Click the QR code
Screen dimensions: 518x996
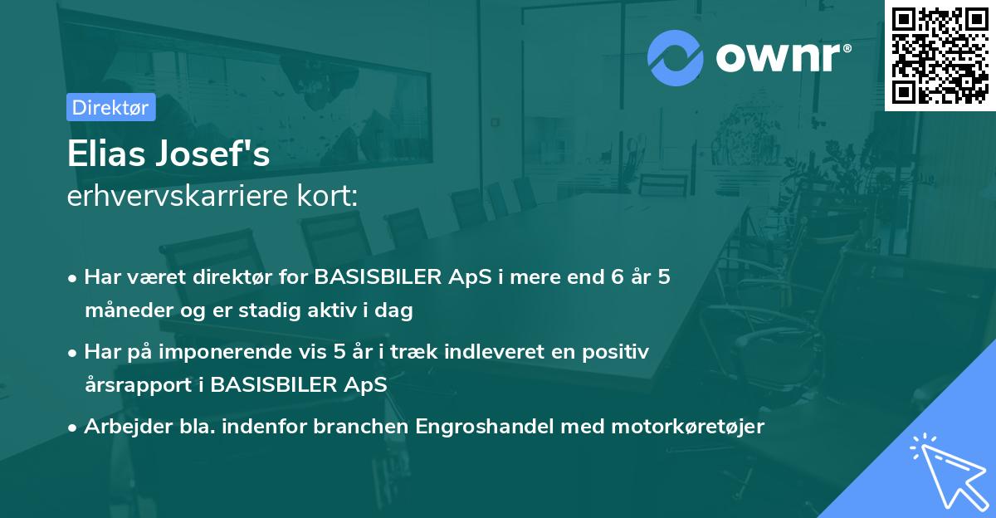940,56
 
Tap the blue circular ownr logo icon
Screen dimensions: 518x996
676,58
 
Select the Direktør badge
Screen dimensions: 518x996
110,107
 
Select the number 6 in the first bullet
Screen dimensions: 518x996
616,277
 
